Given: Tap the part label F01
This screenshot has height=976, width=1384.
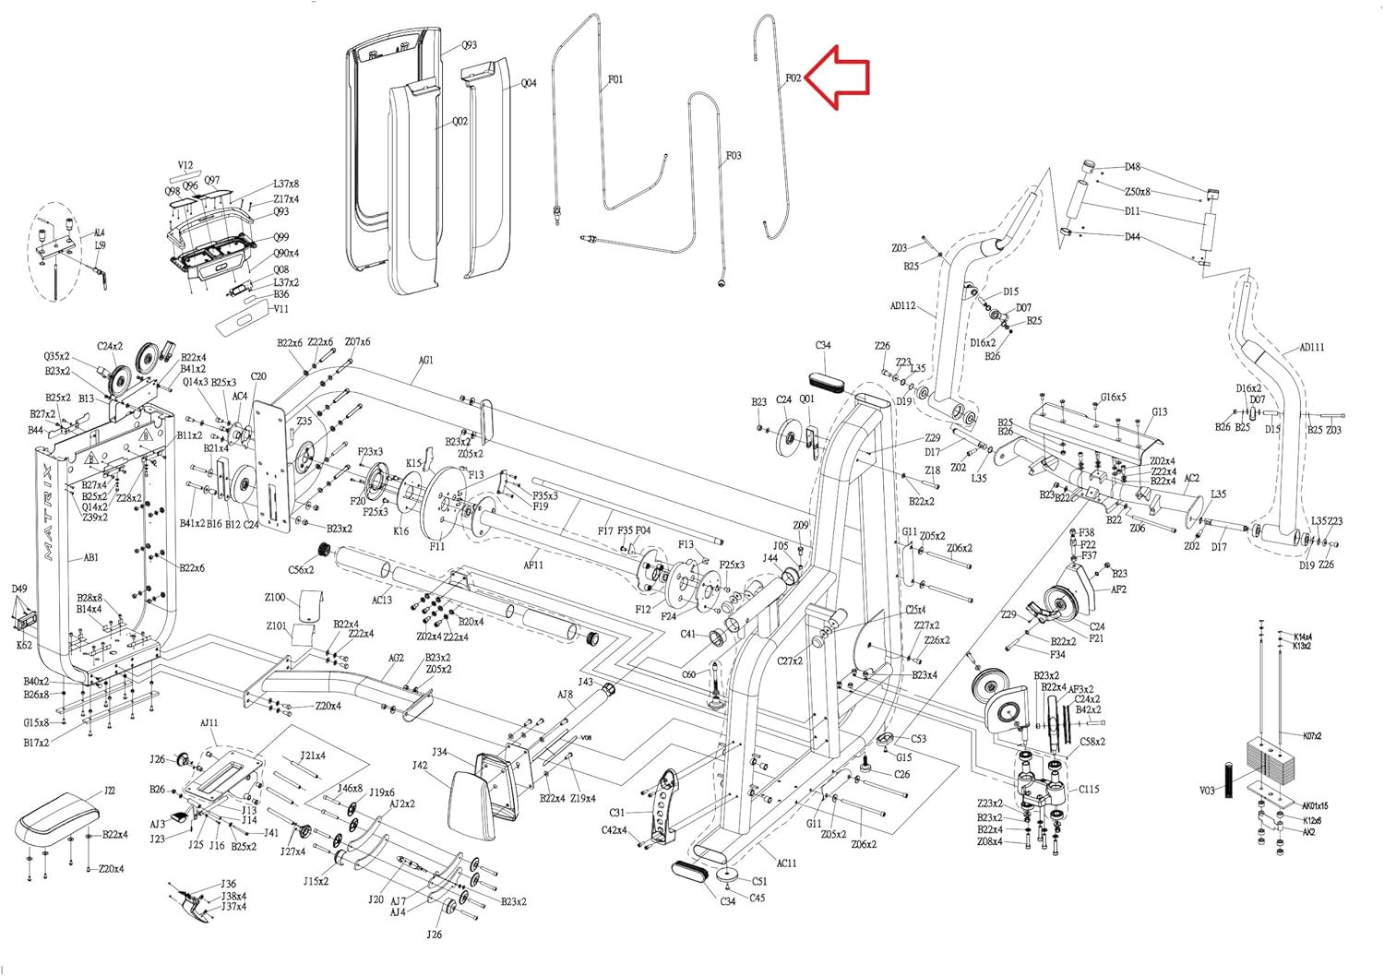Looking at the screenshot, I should click(x=615, y=80).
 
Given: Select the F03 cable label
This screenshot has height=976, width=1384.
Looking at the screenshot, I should click(x=734, y=156).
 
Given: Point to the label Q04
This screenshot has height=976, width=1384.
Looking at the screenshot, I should click(x=529, y=84).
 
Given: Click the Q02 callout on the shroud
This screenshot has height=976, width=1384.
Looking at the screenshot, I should click(x=459, y=122).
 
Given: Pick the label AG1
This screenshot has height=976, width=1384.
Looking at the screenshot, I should click(x=425, y=361).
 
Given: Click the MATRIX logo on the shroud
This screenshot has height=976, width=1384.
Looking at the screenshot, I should click(x=47, y=513).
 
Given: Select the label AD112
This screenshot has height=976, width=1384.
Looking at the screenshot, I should click(x=902, y=306).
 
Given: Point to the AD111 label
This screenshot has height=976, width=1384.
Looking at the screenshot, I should click(x=1311, y=348).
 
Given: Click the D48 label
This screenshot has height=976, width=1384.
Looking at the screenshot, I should click(x=1132, y=168).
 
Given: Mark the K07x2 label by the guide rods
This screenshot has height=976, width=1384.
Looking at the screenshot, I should click(x=1312, y=736).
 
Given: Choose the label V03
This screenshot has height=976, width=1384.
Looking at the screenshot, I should click(x=1208, y=791).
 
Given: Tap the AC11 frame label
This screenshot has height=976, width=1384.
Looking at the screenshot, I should click(x=786, y=863).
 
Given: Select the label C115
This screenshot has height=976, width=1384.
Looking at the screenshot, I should click(x=1089, y=790).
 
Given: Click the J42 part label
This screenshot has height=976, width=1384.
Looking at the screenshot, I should click(x=419, y=766).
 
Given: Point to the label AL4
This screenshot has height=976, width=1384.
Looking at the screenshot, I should click(x=100, y=233).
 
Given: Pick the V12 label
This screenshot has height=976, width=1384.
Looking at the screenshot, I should click(x=185, y=167).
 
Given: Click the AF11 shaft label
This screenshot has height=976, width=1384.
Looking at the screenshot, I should click(x=533, y=565).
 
